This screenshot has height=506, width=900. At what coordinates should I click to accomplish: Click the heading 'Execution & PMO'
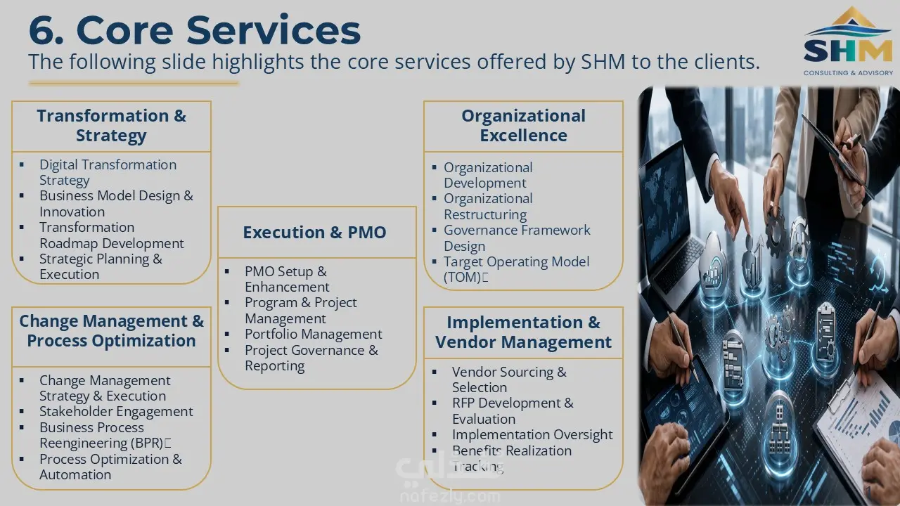tap(314, 233)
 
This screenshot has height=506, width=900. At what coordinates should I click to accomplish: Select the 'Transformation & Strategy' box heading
tap(111, 125)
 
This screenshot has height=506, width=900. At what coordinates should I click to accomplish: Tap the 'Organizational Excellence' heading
tap(523, 125)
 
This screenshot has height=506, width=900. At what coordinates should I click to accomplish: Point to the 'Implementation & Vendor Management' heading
tap(523, 332)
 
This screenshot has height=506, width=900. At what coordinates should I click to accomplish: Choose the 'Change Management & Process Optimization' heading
tap(111, 330)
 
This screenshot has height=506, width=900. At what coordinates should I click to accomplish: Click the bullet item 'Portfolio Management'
tap(314, 334)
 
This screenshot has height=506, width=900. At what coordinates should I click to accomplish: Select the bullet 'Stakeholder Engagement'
tap(116, 412)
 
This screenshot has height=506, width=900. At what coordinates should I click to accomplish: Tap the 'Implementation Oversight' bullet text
tap(532, 434)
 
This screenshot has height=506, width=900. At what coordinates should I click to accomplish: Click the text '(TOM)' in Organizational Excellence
tap(462, 277)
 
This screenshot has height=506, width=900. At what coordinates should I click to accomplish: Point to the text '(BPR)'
tap(147, 443)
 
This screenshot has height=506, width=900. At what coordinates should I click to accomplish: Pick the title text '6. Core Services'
tap(195, 30)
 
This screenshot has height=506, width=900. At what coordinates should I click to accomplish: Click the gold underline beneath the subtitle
tap(134, 83)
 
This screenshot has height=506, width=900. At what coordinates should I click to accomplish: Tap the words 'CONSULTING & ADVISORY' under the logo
tap(848, 72)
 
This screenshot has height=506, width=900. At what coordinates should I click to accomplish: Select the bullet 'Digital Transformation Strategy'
tap(108, 172)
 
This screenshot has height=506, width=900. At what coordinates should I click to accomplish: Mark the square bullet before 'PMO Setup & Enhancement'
tap(227, 271)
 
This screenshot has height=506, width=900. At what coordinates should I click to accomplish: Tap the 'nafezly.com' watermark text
tap(450, 497)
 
